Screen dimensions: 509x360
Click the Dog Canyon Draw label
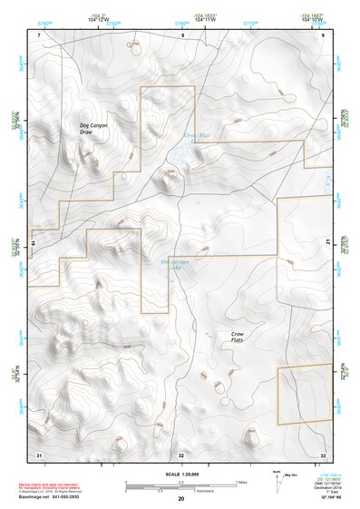tap(92, 129)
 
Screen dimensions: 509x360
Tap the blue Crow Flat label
tap(197, 137)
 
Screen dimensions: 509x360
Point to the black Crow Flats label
tap(242, 338)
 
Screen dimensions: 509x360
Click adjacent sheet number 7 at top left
tap(40, 34)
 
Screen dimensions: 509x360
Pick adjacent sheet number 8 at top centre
tap(182, 34)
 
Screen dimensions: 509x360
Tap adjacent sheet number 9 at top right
tap(324, 34)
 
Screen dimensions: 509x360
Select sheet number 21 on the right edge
tap(326, 242)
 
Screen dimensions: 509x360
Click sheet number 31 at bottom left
tap(38, 453)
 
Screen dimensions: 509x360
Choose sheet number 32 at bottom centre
tap(181, 453)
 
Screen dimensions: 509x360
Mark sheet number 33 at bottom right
tap(323, 453)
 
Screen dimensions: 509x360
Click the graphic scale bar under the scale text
tap(181, 487)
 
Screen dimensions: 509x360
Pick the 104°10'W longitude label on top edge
tap(313, 18)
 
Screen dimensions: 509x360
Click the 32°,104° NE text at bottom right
tap(322, 498)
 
